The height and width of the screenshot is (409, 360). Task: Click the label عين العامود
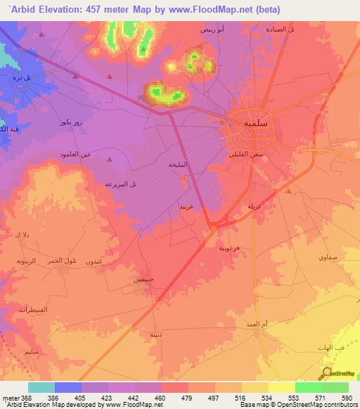[x=75, y=154]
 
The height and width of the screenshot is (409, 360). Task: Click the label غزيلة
[x=255, y=206]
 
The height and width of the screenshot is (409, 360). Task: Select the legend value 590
[x=345, y=398]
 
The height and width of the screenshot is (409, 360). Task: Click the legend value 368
[x=21, y=398]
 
